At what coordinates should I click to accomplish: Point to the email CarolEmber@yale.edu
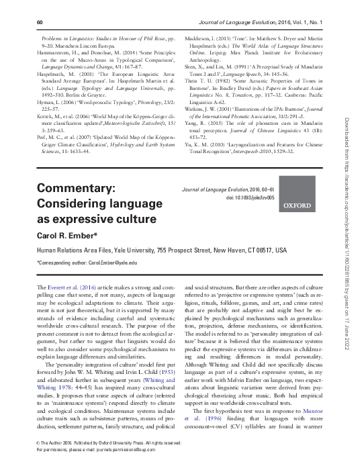[109, 262]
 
